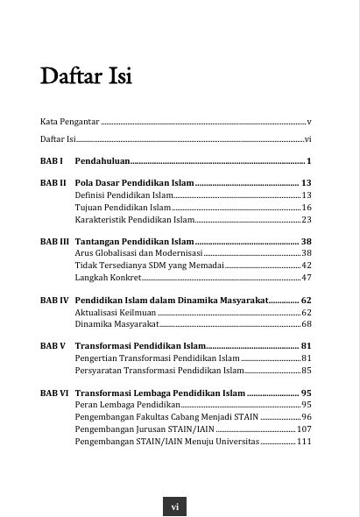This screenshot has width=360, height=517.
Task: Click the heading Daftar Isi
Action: click(x=86, y=77)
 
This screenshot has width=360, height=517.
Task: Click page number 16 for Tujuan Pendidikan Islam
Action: click(x=307, y=208)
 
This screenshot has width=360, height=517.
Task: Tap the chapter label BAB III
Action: click(x=54, y=241)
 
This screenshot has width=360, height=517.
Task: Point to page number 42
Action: click(x=307, y=266)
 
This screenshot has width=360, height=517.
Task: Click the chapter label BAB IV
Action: click(x=54, y=300)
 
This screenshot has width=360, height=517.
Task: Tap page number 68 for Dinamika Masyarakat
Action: click(x=307, y=324)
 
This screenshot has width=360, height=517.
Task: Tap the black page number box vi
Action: click(x=174, y=506)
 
